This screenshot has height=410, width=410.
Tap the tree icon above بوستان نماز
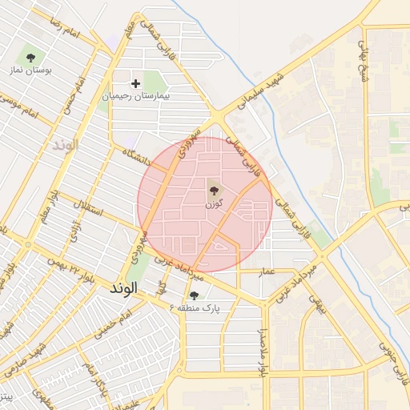(30, 57)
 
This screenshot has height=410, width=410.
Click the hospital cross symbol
(135, 83)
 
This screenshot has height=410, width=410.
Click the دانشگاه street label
(137, 154)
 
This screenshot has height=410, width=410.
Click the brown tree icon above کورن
(214, 190)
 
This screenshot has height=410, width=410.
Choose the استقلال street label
(87, 213)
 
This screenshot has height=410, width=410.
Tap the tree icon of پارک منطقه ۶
(193, 295)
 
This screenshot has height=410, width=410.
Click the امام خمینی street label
(114, 324)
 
